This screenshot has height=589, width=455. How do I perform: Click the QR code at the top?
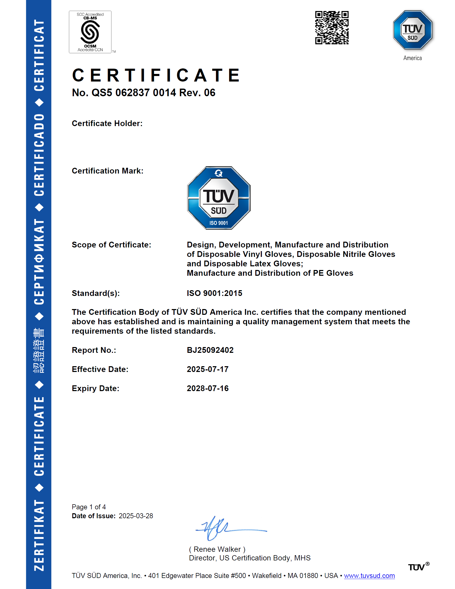(332, 28)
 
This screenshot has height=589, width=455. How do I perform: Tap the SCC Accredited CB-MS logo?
(90, 32)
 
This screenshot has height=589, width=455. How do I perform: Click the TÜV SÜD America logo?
(412, 30)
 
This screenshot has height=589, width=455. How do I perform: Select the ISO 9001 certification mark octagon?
(219, 198)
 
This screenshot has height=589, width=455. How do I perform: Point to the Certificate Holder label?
(107, 123)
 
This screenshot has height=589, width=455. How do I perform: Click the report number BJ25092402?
(210, 350)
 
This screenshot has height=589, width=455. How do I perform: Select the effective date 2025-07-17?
(207, 369)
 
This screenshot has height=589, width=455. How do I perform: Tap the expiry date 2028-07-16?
(207, 388)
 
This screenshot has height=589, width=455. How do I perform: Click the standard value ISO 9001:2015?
(214, 293)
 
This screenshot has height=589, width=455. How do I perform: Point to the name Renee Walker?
(217, 549)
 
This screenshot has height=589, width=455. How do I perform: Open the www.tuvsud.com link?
(369, 576)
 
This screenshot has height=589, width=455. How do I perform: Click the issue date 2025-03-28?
(136, 516)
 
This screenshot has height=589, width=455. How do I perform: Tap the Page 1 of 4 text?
(89, 507)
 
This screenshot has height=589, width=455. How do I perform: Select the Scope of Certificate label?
(111, 245)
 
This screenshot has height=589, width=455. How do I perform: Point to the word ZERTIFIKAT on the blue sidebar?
(39, 535)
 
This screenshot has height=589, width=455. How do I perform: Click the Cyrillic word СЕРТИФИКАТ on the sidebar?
(39, 262)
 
